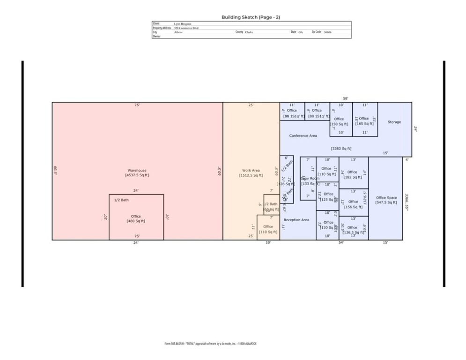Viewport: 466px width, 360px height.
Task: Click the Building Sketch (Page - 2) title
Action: (251, 17)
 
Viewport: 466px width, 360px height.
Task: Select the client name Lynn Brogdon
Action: (182, 23)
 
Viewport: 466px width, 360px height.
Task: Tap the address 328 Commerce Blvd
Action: (186, 28)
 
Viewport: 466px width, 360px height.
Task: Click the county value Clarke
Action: (249, 32)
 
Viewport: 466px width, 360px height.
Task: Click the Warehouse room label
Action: (137, 170)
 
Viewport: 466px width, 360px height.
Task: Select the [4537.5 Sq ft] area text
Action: (137, 175)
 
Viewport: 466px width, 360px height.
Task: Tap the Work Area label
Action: (251, 170)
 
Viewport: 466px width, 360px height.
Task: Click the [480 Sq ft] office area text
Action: (136, 221)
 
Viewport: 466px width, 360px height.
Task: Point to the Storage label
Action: (394, 122)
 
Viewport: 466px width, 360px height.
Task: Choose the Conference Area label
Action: (303, 135)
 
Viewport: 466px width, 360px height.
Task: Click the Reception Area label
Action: (296, 220)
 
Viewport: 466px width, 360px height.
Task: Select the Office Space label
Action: (386, 197)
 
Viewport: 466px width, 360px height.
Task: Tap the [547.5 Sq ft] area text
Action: (386, 202)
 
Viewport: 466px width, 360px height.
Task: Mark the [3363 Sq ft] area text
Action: (340, 149)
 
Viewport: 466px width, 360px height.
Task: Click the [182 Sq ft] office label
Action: (353, 177)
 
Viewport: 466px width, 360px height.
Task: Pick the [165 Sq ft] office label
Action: (364, 124)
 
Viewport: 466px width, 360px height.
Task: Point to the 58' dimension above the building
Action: (345, 98)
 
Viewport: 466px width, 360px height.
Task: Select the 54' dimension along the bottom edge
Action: (340, 243)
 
